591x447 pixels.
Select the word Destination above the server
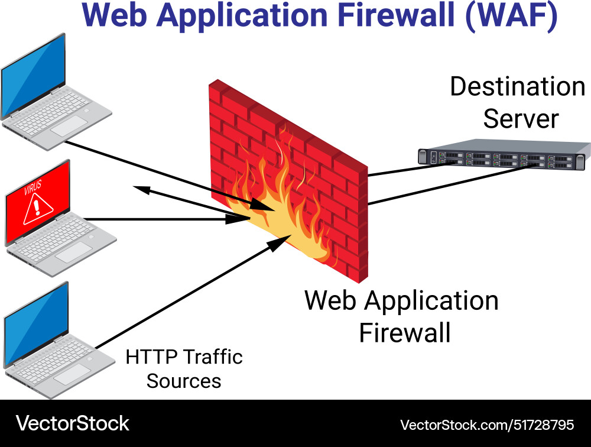pyautogui.click(x=517, y=87)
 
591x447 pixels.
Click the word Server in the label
pyautogui.click(x=521, y=119)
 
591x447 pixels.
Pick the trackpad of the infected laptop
pyautogui.click(x=73, y=251)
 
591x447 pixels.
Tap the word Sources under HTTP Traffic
pyautogui.click(x=184, y=381)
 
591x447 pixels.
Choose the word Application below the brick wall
pyautogui.click(x=431, y=300)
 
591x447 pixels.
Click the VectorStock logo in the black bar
pyautogui.click(x=72, y=423)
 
